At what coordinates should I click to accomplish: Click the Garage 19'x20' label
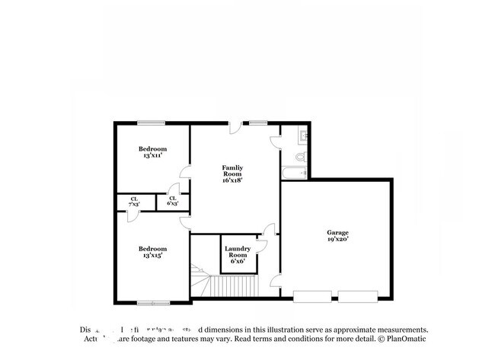[337, 236]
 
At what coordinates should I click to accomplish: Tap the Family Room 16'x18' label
[232, 174]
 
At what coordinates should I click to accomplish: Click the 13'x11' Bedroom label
[152, 151]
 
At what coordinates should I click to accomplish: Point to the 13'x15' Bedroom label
[152, 252]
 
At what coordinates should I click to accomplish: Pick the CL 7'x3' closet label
[133, 202]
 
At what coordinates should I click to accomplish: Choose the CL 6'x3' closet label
[172, 202]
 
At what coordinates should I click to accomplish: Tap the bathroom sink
[302, 136]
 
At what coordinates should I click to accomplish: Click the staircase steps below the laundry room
[235, 286]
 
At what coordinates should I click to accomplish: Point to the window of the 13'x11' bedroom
[151, 122]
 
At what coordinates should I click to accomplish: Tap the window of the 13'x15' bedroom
[153, 303]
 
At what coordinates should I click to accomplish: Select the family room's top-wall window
[257, 122]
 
